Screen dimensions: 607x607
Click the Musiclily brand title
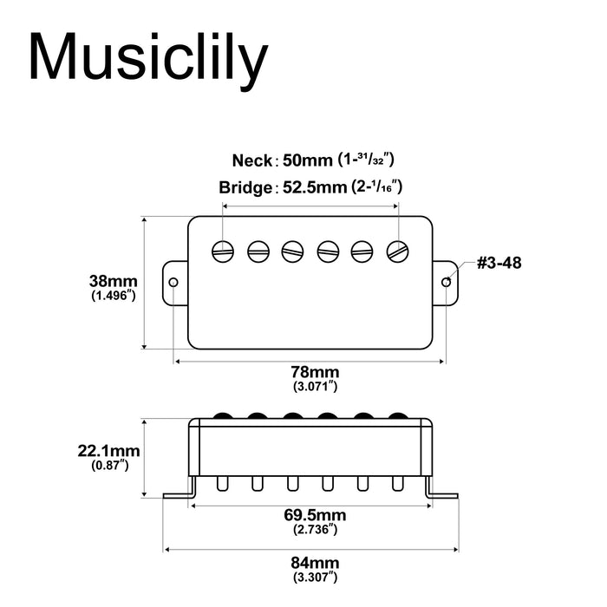coord(147,59)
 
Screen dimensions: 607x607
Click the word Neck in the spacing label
coord(251,160)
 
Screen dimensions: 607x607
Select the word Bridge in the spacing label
coord(245,188)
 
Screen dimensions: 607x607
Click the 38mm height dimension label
coord(114,281)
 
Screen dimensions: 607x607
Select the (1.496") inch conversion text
coord(114,296)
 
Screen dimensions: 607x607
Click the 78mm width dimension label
coord(310,372)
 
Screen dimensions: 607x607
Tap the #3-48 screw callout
coord(499,262)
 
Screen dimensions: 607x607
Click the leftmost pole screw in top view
coord(224,251)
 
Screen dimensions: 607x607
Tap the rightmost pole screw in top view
coord(399,251)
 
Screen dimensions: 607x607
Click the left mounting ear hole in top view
coord(173,283)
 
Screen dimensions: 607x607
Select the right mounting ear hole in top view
coord(447,283)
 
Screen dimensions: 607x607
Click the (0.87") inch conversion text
coord(111,466)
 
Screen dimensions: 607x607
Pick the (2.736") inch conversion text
coord(310,529)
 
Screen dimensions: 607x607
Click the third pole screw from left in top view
coord(293,251)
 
